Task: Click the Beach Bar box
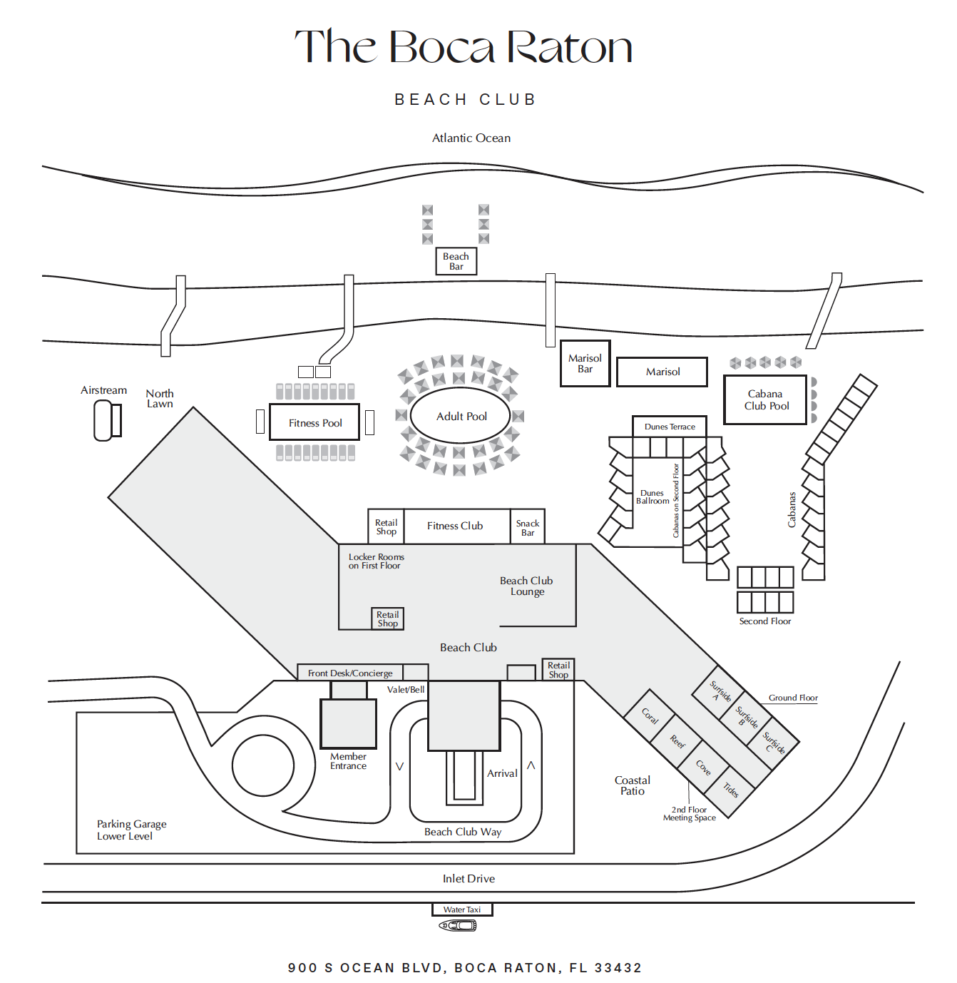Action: tap(456, 260)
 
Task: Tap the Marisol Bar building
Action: tap(585, 364)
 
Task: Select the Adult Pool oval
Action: tap(461, 416)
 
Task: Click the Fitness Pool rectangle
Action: tap(314, 422)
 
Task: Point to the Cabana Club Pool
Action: tap(765, 399)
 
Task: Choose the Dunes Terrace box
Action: tap(670, 427)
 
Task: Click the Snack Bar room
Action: tap(528, 526)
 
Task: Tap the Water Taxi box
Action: tap(462, 910)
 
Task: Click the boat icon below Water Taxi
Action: tap(458, 925)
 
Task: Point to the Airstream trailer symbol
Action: tap(108, 420)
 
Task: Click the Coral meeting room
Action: tap(650, 716)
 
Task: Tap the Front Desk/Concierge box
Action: tap(350, 673)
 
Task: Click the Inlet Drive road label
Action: tap(469, 879)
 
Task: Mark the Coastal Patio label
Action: tap(633, 785)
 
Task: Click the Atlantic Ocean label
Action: tap(471, 138)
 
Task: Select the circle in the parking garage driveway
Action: tap(263, 765)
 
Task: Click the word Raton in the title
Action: tap(570, 47)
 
